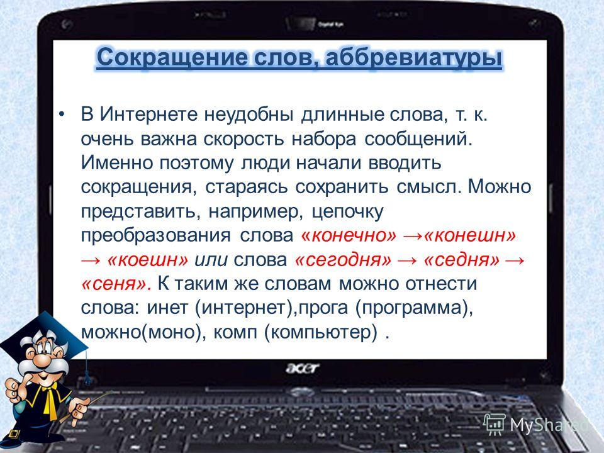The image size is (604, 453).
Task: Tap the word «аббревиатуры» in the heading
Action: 414,58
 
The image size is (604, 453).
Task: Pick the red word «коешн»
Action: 148,260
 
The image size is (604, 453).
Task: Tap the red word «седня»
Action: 461,260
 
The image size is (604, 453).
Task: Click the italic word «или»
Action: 211,260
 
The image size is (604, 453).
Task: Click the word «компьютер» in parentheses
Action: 320,332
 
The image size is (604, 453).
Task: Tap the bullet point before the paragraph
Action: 62,115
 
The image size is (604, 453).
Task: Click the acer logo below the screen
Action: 303,368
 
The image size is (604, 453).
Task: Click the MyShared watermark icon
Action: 495,425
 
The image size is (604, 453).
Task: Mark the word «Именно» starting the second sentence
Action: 115,162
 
